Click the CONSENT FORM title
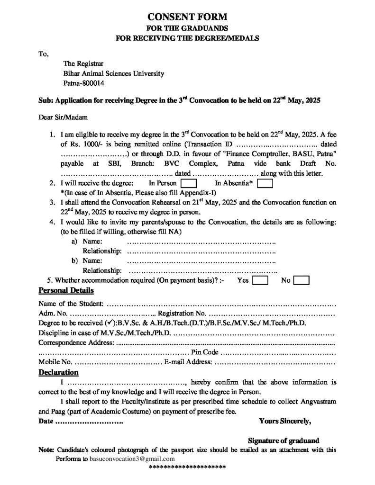click(x=187, y=18)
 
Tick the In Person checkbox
click(x=189, y=183)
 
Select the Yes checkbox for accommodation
click(x=261, y=280)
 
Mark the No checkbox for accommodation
click(x=302, y=280)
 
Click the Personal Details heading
click(x=66, y=290)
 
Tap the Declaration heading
click(x=58, y=372)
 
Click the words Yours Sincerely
click(x=285, y=420)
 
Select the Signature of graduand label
click(x=284, y=440)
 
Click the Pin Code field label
click(x=204, y=353)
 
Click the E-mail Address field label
click(x=188, y=362)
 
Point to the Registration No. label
click(x=182, y=313)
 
